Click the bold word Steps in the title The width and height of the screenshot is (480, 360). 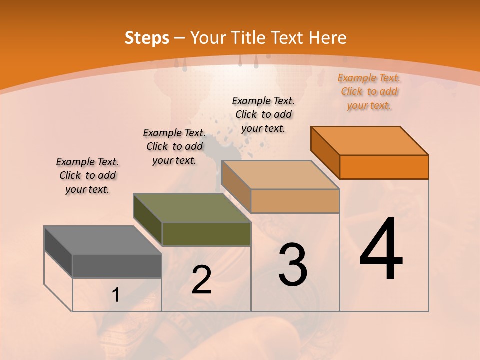click(x=147, y=38)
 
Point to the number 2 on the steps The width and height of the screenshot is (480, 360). click(x=201, y=280)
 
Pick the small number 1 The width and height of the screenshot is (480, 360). click(x=116, y=295)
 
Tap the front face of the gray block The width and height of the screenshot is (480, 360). click(x=117, y=266)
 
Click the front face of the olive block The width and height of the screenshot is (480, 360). click(x=206, y=234)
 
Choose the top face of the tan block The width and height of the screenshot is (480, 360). click(x=280, y=174)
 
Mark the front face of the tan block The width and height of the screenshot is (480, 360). click(x=295, y=201)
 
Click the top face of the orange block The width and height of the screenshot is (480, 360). click(x=369, y=140)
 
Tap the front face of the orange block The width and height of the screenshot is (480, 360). click(x=384, y=167)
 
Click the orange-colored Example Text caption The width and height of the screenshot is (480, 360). click(x=369, y=91)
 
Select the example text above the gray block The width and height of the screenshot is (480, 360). click(x=87, y=175)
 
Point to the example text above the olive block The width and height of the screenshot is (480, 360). click(x=174, y=146)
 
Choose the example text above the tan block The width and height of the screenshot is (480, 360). click(x=263, y=114)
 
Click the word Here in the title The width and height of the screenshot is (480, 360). click(x=328, y=38)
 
